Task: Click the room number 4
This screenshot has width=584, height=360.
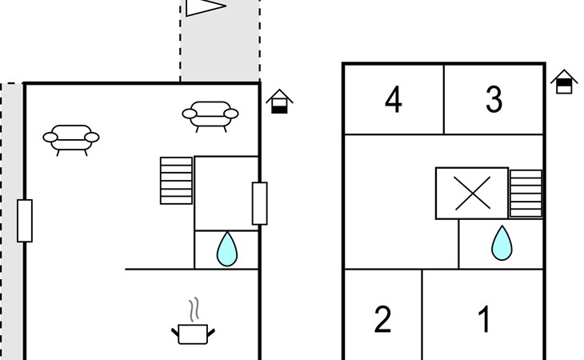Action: click(x=393, y=101)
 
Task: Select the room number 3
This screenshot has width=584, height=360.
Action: click(x=494, y=100)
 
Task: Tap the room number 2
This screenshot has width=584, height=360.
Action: click(x=383, y=320)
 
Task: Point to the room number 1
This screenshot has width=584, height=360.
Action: click(x=483, y=320)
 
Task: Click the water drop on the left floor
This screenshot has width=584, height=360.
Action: click(x=227, y=250)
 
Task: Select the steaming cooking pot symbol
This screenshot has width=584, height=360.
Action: click(x=192, y=332)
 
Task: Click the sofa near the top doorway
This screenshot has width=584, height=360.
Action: click(x=210, y=115)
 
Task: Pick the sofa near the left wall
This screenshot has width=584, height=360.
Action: click(x=71, y=137)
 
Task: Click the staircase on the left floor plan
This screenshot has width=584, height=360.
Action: click(x=177, y=180)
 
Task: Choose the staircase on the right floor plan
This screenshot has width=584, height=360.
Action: click(x=526, y=193)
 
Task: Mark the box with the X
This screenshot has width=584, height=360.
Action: click(x=471, y=193)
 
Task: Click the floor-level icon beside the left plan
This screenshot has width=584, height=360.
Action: click(x=279, y=102)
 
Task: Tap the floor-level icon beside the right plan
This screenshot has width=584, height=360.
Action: click(x=564, y=82)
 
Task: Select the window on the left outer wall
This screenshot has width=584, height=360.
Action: click(x=25, y=221)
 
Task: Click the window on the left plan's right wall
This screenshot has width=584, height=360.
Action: click(x=259, y=203)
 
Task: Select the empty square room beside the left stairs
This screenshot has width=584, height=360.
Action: click(x=226, y=193)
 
